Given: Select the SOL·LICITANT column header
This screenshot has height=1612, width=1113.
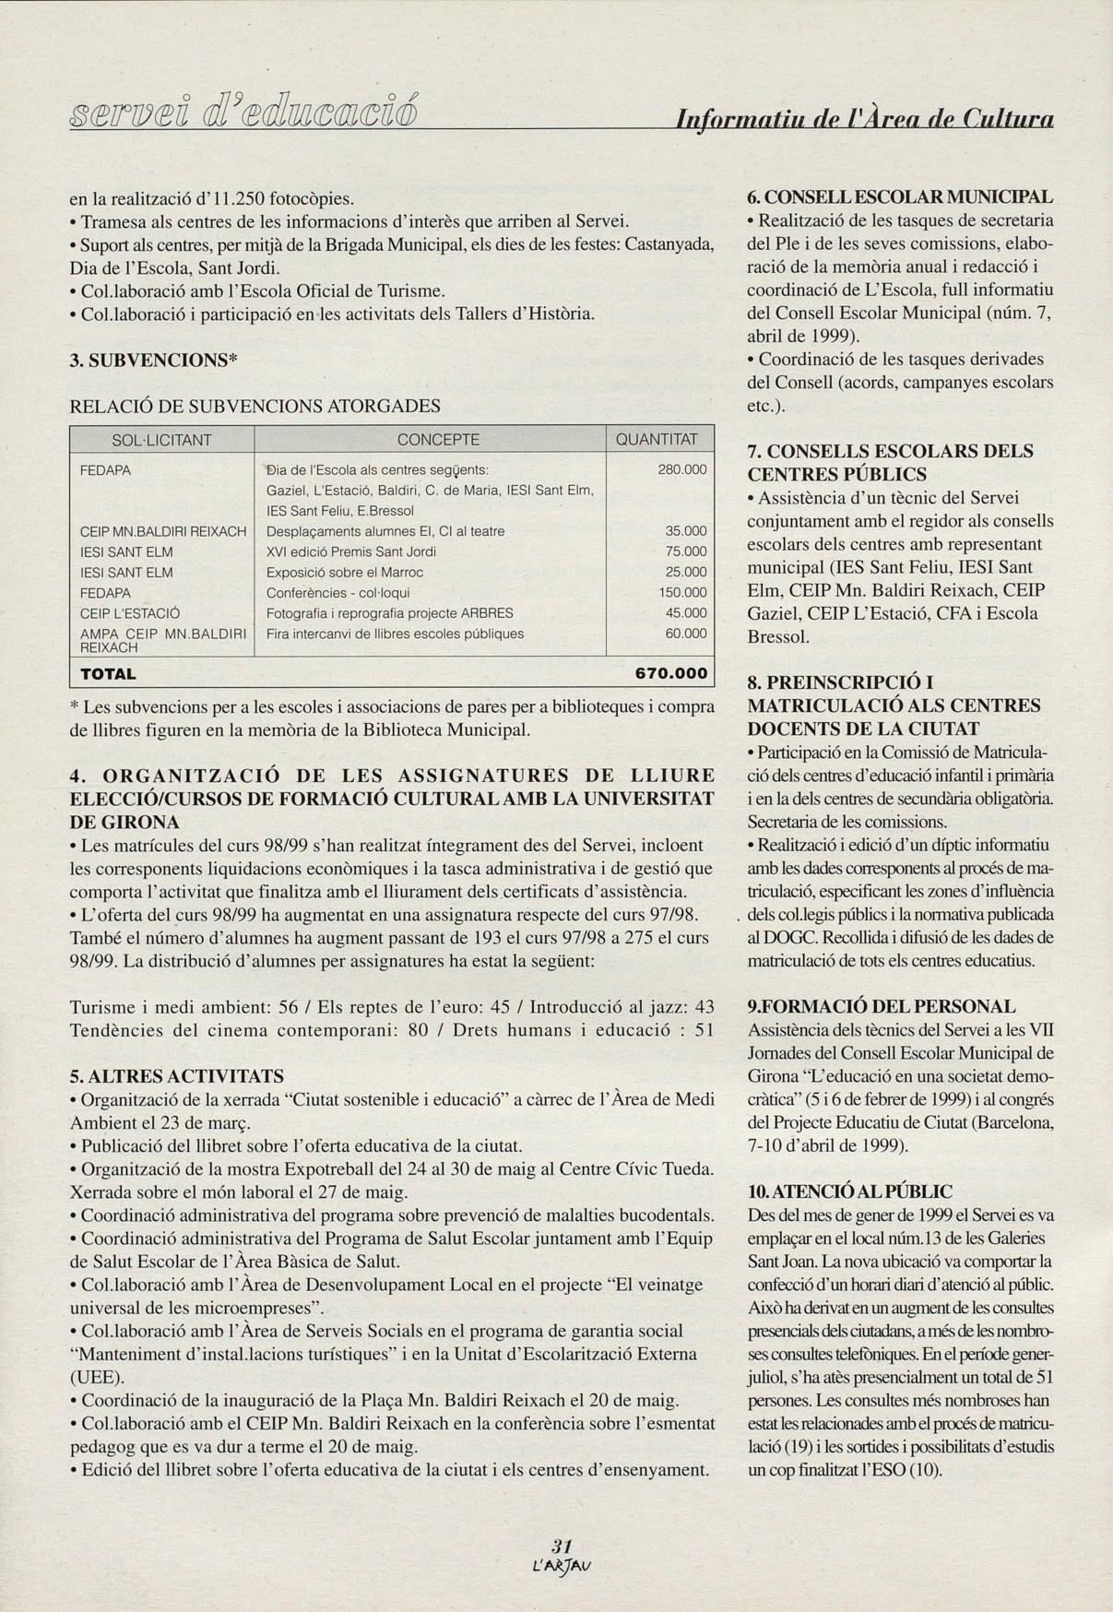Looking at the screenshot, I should click(x=161, y=440).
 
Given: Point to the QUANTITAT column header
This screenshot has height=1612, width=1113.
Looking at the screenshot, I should click(x=657, y=440).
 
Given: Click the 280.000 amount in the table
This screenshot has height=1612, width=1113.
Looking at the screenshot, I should click(x=681, y=469).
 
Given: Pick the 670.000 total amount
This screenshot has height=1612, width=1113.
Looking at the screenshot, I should click(x=670, y=674).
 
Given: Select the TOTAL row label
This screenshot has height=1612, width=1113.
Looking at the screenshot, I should click(x=109, y=674).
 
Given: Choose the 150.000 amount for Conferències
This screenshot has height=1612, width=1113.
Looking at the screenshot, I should click(x=682, y=593).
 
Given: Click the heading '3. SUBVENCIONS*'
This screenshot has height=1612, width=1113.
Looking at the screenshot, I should click(x=155, y=359).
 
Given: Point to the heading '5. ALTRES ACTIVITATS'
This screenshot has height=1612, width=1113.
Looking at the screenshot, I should click(x=177, y=1076).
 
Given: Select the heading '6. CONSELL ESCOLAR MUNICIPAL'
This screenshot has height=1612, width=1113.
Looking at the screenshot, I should click(x=899, y=197).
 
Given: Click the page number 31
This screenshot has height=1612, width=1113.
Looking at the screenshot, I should click(x=561, y=1546).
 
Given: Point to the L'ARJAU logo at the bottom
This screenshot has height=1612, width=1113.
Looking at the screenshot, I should click(x=561, y=1565).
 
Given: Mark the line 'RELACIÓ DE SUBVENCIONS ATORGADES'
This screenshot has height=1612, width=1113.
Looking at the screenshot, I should click(x=255, y=406).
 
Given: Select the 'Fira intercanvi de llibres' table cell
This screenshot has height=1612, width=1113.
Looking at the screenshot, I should click(x=395, y=634).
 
